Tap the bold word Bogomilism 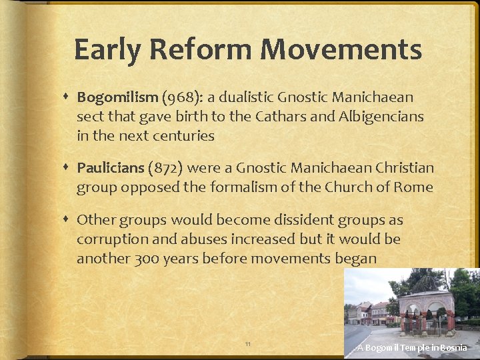[x=117, y=97]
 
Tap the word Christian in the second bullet [x=401, y=168]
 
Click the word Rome [x=414, y=187]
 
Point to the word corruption [x=111, y=239]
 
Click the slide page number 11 [x=248, y=344]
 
